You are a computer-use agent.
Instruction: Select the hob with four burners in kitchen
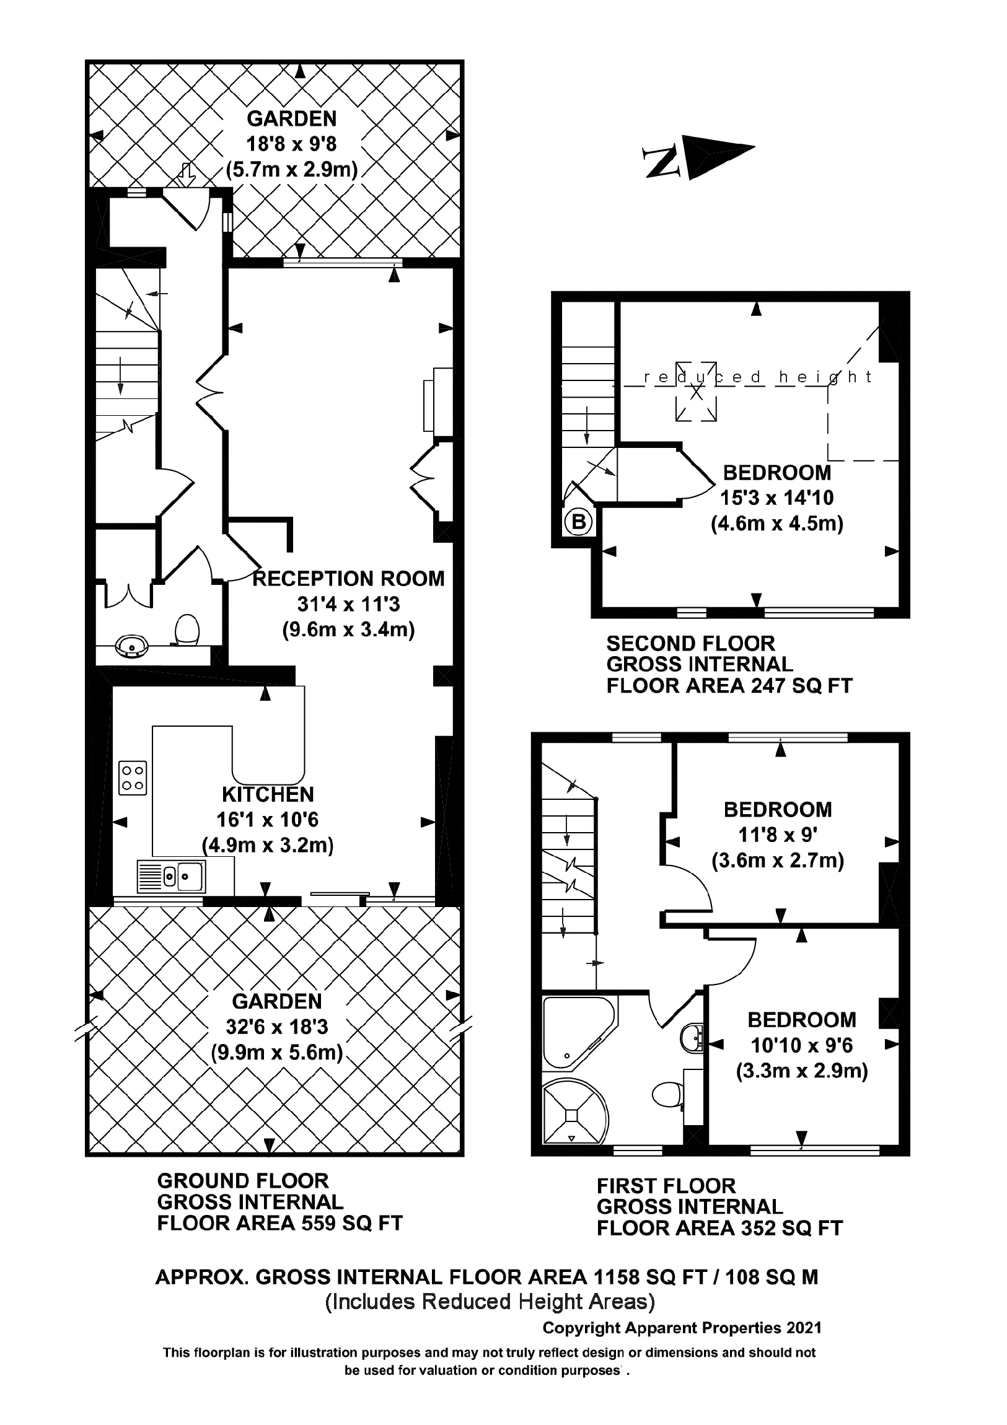(133, 778)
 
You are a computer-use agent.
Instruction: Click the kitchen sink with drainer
(172, 876)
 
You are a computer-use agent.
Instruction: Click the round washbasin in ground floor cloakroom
(131, 646)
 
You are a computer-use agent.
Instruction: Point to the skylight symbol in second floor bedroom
(696, 392)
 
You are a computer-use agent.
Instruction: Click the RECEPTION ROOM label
(349, 579)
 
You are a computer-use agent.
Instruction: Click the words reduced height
(757, 377)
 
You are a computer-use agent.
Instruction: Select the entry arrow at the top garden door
(186, 174)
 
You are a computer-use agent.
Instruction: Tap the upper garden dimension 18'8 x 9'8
(291, 144)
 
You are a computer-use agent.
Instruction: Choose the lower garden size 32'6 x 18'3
(277, 1027)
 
